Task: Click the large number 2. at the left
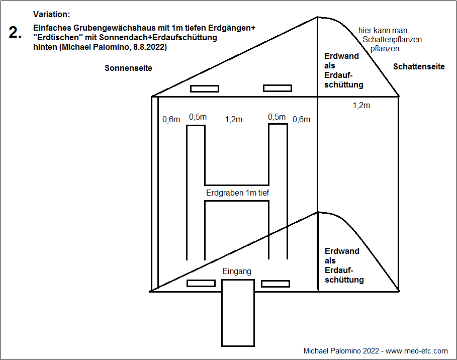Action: [x=15, y=33]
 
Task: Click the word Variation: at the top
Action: [x=51, y=15]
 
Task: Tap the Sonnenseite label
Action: [x=128, y=68]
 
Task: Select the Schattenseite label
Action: [x=419, y=66]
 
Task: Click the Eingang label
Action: [x=236, y=272]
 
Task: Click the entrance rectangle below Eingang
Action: [x=238, y=313]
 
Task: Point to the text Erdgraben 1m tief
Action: [x=238, y=193]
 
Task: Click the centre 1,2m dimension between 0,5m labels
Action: [x=233, y=119]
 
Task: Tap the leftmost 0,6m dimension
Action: [x=171, y=120]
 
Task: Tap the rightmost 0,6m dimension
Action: [x=301, y=119]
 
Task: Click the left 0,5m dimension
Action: [x=198, y=117]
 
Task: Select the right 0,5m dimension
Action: [x=277, y=117]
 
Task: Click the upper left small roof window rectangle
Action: [x=204, y=89]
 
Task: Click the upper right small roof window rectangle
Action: [x=278, y=88]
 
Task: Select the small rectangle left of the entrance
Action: [x=201, y=283]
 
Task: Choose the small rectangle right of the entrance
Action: [x=275, y=283]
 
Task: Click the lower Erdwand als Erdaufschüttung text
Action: [x=344, y=265]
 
